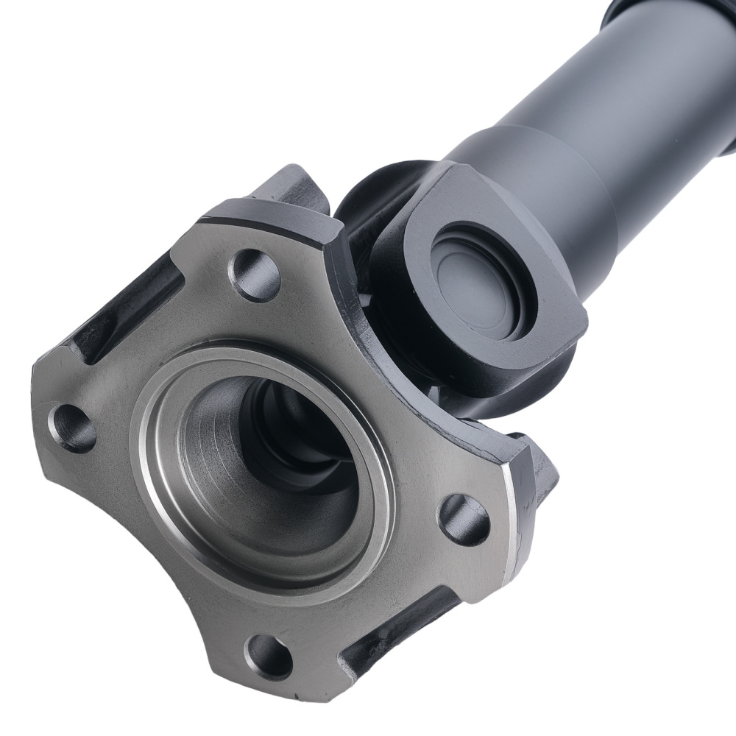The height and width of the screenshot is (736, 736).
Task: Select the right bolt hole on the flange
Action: pyautogui.click(x=464, y=520)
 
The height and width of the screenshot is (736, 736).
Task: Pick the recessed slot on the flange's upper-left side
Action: pyautogui.click(x=132, y=309)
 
